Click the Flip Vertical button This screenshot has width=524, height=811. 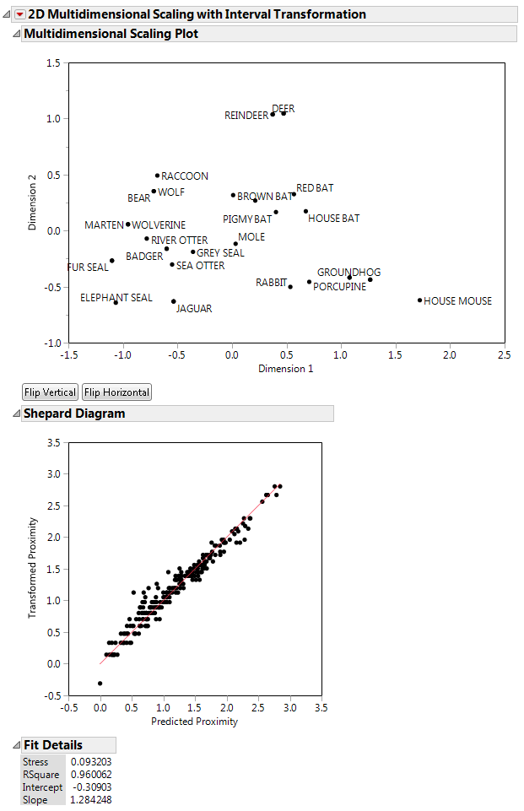tap(50, 392)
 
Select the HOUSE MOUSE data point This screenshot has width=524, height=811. tap(419, 300)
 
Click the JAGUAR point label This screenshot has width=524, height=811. tap(194, 309)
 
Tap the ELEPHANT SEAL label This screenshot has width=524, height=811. tap(116, 297)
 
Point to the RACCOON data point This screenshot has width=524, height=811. tap(158, 176)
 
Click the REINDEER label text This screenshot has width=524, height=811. tap(246, 116)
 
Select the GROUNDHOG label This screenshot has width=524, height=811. tap(348, 272)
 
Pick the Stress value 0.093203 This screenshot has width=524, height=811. tap(91, 762)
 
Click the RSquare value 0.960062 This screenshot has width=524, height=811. tap(91, 774)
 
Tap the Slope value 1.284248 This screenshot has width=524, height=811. tap(91, 799)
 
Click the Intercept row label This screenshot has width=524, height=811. tap(43, 787)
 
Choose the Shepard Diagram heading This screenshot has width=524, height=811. tap(73, 414)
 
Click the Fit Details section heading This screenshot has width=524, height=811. tap(52, 745)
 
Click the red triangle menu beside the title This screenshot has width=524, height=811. tap(20, 14)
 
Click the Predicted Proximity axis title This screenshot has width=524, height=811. tap(194, 722)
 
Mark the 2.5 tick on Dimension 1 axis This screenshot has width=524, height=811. tap(504, 355)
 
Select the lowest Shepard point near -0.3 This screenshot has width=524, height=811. tap(100, 683)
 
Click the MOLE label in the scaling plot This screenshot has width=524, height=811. tap(251, 237)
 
